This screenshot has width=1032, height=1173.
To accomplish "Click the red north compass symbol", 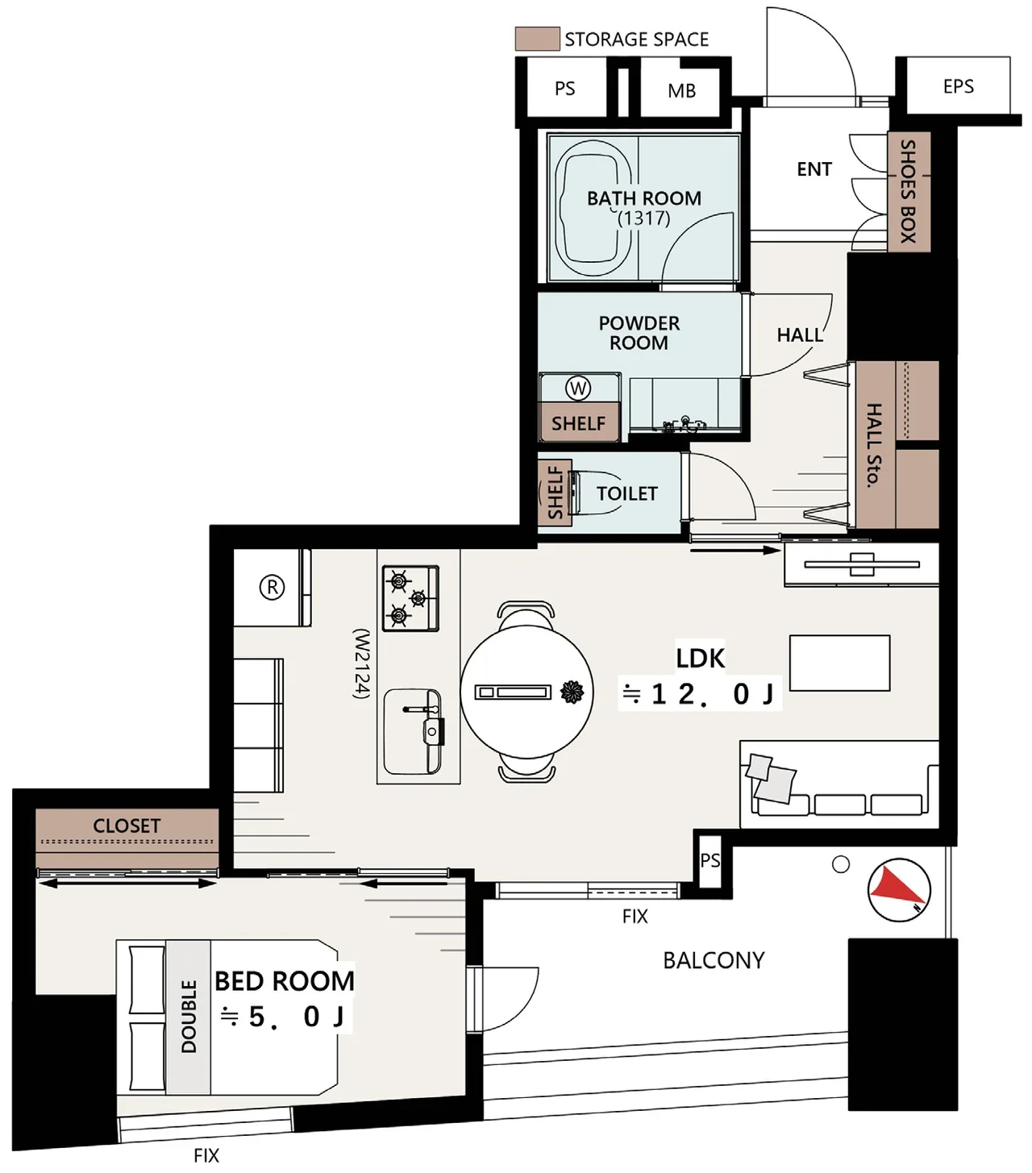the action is (x=899, y=889).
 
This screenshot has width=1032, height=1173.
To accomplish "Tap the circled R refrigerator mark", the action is (x=272, y=587).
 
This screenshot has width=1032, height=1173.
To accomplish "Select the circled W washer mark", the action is (x=578, y=388).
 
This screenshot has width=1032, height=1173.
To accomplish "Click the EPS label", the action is (x=959, y=86).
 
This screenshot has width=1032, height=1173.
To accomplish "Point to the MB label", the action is (x=681, y=91).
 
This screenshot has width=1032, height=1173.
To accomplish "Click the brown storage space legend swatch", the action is (x=538, y=39).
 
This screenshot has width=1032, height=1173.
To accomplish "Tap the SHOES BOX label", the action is (x=908, y=192).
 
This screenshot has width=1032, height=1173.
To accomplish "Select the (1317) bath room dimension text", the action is (x=643, y=218).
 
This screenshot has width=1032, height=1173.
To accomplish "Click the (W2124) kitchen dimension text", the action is (x=361, y=664).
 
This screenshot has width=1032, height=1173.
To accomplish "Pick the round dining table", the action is (x=526, y=692).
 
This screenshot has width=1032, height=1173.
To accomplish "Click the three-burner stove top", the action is (x=410, y=598).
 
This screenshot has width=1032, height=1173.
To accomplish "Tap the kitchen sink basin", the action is (x=412, y=732).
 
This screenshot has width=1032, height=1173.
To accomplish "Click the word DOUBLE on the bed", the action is (x=189, y=1016).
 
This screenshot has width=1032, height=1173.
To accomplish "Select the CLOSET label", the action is (x=127, y=826).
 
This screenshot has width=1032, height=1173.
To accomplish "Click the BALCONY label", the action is (x=714, y=960).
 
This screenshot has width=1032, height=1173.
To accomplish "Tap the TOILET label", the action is (x=627, y=494).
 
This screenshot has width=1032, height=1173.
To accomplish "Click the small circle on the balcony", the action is (x=840, y=864).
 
